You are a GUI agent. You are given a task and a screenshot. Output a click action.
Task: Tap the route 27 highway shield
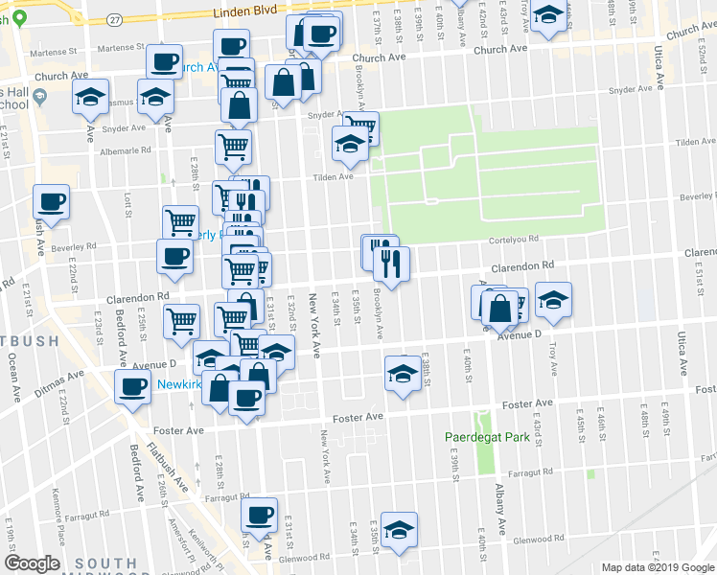115,19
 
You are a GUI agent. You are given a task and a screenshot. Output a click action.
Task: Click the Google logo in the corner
32,563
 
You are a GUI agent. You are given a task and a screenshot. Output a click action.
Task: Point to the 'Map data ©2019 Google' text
657,567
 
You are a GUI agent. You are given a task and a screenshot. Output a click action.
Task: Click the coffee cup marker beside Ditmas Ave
131,387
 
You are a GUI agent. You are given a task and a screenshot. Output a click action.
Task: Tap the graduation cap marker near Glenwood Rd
399,529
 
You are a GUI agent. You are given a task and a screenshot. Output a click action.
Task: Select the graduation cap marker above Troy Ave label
553,299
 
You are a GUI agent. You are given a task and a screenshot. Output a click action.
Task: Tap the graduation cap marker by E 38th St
404,372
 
